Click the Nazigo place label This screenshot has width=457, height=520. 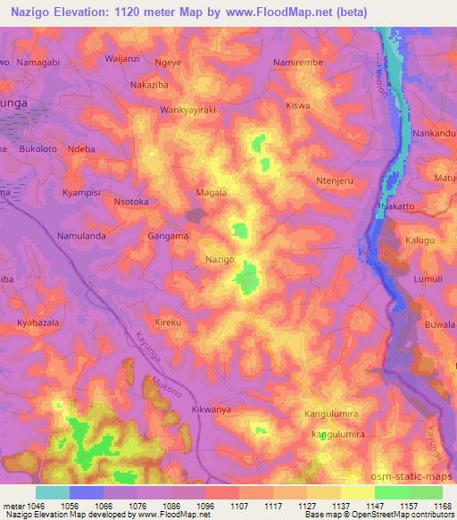[x=220, y=258]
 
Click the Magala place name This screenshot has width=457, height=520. [x=212, y=192]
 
